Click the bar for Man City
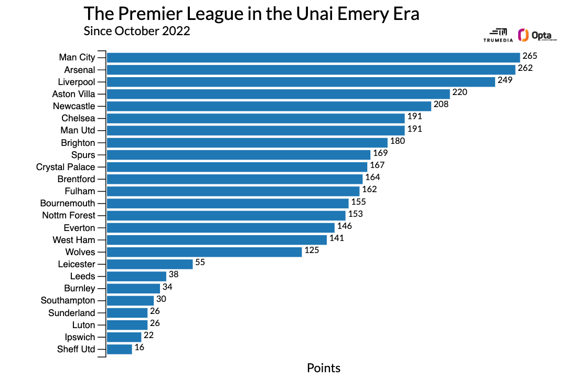pyautogui.click(x=313, y=57)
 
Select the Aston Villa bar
pyautogui.click(x=279, y=94)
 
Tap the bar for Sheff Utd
pyautogui.click(x=119, y=349)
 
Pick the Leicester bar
pyautogui.click(x=149, y=264)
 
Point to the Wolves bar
pyautogui.click(x=204, y=252)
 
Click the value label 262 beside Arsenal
pyautogui.click(x=525, y=68)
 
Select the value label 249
pyautogui.click(x=505, y=80)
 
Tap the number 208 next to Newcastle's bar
pyautogui.click(x=441, y=104)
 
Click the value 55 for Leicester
pyautogui.click(x=200, y=262)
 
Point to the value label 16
pyautogui.click(x=139, y=348)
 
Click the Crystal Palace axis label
pyautogui.click(x=66, y=167)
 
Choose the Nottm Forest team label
pyautogui.click(x=69, y=215)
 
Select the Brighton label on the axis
pyautogui.click(x=78, y=143)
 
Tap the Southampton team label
pyautogui.click(x=68, y=301)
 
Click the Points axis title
pyautogui.click(x=324, y=368)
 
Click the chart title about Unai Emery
pyautogui.click(x=251, y=14)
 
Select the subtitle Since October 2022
pyautogui.click(x=137, y=31)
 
